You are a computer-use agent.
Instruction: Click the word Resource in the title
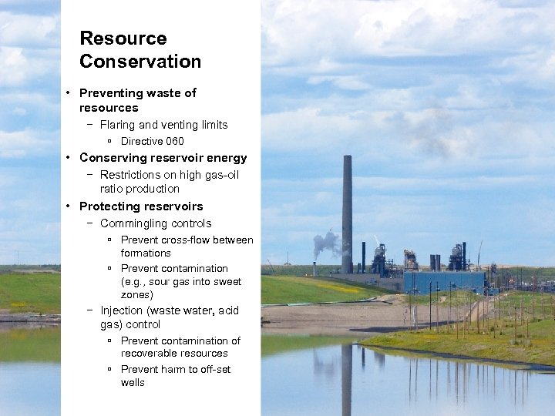pyautogui.click(x=123, y=39)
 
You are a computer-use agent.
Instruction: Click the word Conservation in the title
pyautogui.click(x=140, y=62)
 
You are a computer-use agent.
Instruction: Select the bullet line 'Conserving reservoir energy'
pyautogui.click(x=163, y=158)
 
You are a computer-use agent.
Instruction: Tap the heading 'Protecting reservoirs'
pyautogui.click(x=141, y=206)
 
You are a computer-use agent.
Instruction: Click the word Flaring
pyautogui.click(x=119, y=125)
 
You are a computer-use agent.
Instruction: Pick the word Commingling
pyautogui.click(x=134, y=223)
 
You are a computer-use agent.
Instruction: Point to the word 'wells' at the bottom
pyautogui.click(x=133, y=382)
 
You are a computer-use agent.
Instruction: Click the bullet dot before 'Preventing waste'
pyautogui.click(x=69, y=93)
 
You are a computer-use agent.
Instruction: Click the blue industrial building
pyautogui.click(x=445, y=281)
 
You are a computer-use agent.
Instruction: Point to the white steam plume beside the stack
pyautogui.click(x=326, y=244)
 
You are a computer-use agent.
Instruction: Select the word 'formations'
pyautogui.click(x=146, y=253)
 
